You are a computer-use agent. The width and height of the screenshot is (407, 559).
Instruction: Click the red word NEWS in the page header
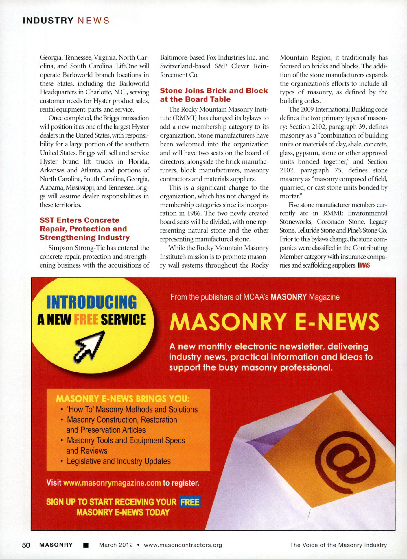(94, 21)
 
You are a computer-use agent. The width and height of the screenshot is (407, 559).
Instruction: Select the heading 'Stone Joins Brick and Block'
(214, 91)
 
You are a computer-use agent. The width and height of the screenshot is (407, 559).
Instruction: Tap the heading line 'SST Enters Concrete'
(80, 220)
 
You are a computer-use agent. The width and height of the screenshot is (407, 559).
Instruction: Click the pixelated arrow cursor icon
(90, 346)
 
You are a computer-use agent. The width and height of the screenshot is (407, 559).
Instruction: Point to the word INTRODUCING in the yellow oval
(91, 302)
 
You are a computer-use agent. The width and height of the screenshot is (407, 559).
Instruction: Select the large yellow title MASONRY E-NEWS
(274, 322)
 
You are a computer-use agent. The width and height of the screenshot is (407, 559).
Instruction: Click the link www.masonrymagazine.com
(112, 483)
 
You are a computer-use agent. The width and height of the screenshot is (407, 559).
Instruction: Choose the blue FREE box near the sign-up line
(190, 502)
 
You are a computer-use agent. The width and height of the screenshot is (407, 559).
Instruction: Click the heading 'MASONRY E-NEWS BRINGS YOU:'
(123, 399)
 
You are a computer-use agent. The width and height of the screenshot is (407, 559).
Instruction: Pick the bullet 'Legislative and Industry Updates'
(119, 461)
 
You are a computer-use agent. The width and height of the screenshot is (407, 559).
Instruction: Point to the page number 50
(26, 545)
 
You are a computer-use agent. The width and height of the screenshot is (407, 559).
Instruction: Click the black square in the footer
(86, 545)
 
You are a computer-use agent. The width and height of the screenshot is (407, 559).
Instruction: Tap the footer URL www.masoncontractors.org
(183, 545)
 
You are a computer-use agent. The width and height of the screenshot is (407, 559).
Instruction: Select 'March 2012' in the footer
(116, 545)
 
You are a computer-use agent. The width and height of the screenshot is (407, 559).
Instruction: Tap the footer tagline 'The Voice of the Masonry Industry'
(338, 545)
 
